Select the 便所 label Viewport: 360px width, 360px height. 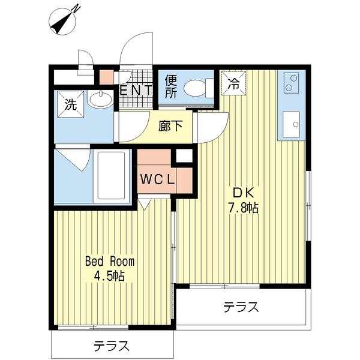tap(171, 87)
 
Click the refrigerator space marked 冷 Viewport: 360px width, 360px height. tap(234, 83)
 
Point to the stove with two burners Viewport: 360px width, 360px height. tap(291, 83)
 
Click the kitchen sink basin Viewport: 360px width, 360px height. tap(291, 124)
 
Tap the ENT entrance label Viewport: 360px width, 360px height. tap(136, 90)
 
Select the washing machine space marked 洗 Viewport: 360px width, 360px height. tap(71, 104)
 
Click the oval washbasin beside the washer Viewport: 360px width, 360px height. tap(101, 99)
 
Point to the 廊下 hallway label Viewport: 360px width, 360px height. tap(170, 126)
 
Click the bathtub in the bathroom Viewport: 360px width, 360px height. tap(112, 175)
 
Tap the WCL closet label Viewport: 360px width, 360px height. tap(158, 179)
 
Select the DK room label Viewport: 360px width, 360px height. tap(244, 193)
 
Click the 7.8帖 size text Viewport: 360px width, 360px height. tap(243, 208)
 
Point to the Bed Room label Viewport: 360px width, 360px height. tap(110, 261)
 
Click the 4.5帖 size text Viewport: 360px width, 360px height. tap(109, 276)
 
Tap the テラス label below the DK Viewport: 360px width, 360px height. tap(241, 307)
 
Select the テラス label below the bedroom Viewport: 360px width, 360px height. tap(112, 346)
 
